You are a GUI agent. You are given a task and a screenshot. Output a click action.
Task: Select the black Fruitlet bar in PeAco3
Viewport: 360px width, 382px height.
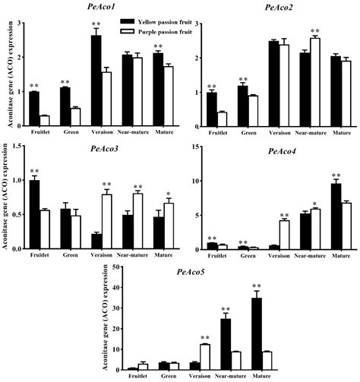33,214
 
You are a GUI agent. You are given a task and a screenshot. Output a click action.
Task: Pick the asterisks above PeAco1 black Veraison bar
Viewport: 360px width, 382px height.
96,25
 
